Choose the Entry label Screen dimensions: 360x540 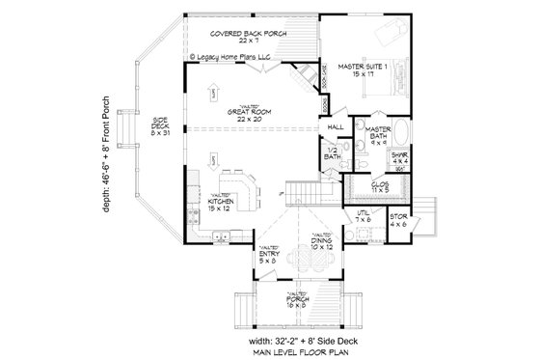coord(268,256)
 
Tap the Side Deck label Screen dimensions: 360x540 coord(159,125)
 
